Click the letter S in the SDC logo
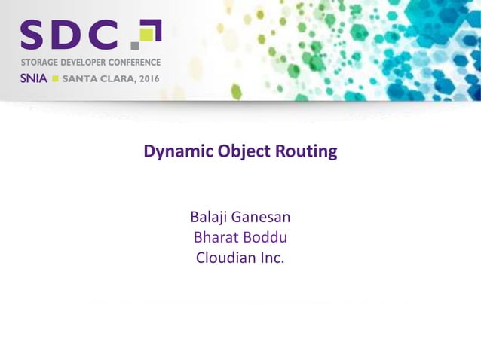tap(35, 35)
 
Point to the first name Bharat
tap(216, 238)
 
